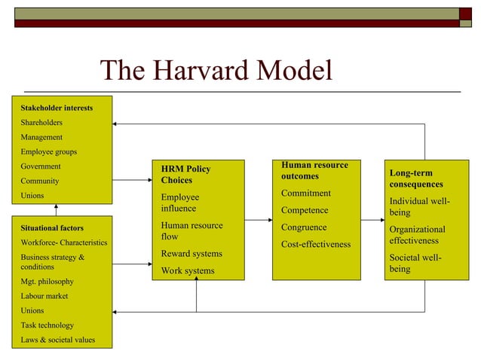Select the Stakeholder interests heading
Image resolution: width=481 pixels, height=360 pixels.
point(57,108)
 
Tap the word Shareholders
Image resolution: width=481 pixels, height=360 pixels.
point(41,122)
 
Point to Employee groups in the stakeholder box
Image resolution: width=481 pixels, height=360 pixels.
point(48,151)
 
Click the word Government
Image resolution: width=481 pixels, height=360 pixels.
point(41,166)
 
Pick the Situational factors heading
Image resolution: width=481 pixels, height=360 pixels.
point(52,227)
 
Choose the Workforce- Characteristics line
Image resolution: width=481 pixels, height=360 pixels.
point(63,243)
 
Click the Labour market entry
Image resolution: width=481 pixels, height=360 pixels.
point(44,296)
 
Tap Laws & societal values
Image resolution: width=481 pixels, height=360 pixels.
point(57,340)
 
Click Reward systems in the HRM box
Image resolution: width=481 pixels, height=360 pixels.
point(191,254)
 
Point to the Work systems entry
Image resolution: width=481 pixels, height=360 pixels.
point(188,270)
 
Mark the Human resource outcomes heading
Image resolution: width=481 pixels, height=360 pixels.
point(314,170)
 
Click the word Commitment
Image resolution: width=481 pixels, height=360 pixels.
point(305,194)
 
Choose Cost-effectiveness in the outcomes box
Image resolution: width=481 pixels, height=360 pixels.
point(316,244)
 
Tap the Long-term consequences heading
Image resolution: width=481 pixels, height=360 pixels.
point(416,178)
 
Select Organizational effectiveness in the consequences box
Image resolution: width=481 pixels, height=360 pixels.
point(417,235)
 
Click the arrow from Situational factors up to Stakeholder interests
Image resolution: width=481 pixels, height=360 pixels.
point(57,209)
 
